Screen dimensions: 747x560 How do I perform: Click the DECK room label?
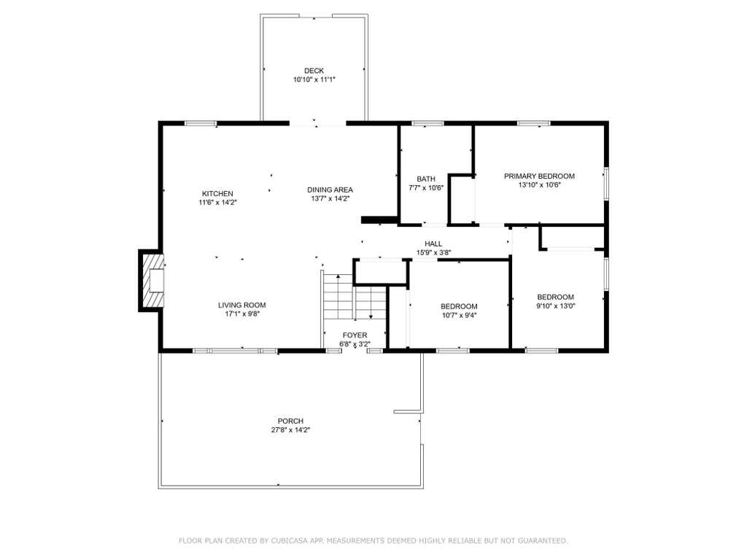point(314,71)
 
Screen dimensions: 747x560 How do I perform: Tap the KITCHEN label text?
point(217,194)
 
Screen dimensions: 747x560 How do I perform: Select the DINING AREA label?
point(330,190)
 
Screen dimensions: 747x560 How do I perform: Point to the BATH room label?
point(426,179)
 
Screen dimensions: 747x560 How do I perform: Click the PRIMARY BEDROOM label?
point(539,176)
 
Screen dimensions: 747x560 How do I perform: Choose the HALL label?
point(433,244)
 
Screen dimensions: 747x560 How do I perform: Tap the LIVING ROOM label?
point(242,306)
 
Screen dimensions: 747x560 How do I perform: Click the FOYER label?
point(355,335)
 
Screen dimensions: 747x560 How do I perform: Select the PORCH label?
point(290,421)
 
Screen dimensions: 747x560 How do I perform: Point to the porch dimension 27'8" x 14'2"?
point(290,430)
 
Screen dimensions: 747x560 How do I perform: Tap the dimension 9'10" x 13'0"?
point(555,306)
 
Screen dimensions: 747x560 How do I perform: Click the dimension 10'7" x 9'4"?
point(460,315)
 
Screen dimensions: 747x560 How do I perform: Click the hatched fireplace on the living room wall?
point(152,281)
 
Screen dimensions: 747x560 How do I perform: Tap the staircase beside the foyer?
point(354,297)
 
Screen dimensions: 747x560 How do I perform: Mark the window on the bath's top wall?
point(427,124)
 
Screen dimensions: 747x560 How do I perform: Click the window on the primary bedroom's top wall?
point(534,124)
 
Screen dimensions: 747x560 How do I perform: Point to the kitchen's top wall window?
point(201,124)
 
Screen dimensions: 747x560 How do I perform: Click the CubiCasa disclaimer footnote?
point(373,540)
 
